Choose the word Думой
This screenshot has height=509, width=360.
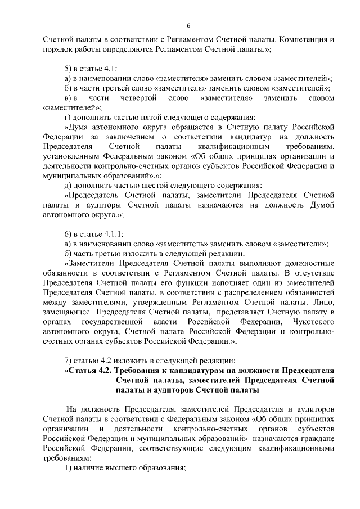coord(321,205)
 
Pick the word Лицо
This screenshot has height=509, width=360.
coord(322,301)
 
